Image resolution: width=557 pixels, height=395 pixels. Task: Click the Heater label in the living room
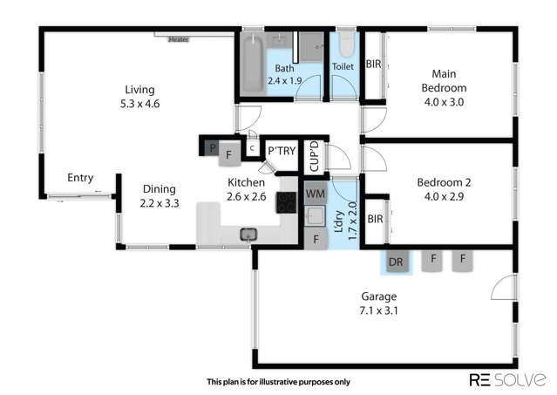[179, 38]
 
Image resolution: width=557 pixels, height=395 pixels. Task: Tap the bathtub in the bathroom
[251, 62]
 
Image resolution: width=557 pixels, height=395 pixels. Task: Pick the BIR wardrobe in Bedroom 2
[376, 219]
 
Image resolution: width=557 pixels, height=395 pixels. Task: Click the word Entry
[80, 178]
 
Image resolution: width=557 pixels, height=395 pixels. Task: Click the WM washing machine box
[315, 194]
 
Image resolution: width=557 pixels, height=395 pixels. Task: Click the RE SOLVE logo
[507, 379]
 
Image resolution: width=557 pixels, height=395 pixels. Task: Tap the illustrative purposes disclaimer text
[277, 381]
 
